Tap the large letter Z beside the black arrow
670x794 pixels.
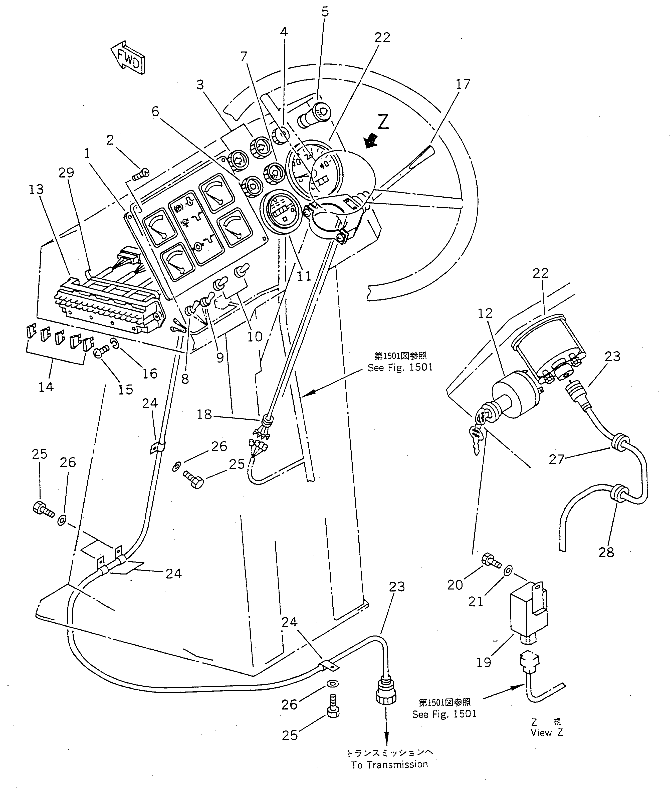tap(383, 122)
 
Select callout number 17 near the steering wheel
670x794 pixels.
tap(463, 84)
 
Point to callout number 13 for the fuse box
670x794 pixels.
tap(36, 189)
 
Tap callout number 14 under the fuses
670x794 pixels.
tap(46, 387)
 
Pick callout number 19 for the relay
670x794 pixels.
tap(484, 662)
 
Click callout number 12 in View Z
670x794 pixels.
tap(485, 313)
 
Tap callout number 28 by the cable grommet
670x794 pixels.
tap(606, 552)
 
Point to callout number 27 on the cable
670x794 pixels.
tap(557, 460)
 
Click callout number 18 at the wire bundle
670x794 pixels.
tap(204, 414)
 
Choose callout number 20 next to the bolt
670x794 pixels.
tap(455, 585)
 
